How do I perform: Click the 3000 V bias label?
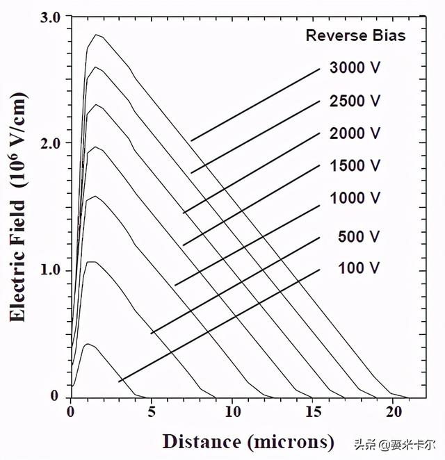coord(355,68)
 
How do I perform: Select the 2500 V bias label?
coord(355,101)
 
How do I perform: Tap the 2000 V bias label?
coord(355,133)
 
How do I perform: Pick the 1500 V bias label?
coord(355,165)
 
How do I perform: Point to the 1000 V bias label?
coord(355,198)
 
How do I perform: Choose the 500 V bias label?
coord(359,237)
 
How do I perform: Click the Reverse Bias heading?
coord(355,35)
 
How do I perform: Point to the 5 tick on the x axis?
coord(152,411)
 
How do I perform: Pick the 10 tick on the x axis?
coord(232,411)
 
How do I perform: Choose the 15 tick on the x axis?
coord(312,411)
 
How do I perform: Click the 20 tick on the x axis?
coord(393,411)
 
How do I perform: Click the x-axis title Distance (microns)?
coord(248,441)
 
